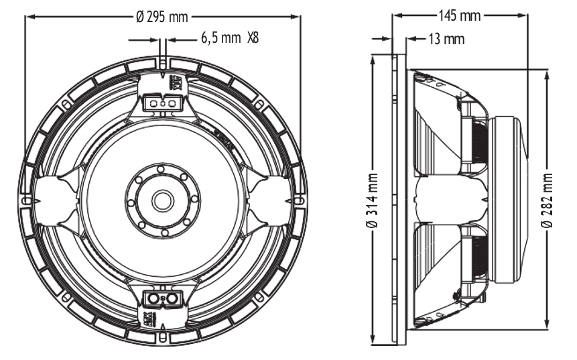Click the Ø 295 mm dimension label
tap(162, 17)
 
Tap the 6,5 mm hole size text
tap(220, 38)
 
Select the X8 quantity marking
tap(253, 38)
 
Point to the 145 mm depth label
tap(460, 16)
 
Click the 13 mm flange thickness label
tap(446, 39)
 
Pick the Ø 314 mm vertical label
tap(373, 200)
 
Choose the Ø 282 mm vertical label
tap(548, 200)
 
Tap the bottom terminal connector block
tap(163, 298)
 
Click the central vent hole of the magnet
tap(163, 200)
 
